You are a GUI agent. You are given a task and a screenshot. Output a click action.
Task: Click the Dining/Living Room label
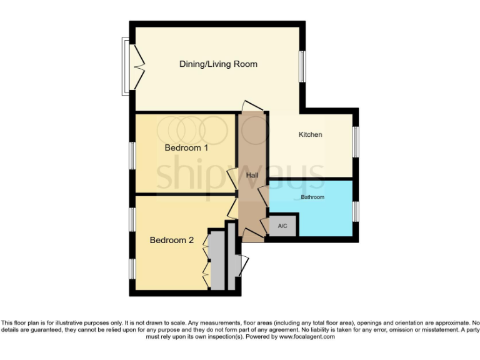coord(218,64)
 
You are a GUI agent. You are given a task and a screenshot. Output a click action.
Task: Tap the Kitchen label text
coord(310,134)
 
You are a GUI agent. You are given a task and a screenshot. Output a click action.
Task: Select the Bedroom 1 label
coord(186,148)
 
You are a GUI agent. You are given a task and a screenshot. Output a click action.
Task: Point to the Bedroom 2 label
coord(171,240)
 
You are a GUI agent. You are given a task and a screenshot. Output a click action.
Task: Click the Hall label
coord(252,176)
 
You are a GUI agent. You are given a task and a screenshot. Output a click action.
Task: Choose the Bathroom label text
coord(312,197)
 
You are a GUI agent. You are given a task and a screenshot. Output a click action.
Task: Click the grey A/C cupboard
coord(282,226)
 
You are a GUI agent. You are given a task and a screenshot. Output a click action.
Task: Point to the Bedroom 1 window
coord(132,155)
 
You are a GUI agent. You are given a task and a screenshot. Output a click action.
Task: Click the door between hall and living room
coord(252,106)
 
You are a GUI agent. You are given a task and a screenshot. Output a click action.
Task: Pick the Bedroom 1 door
coord(232,179)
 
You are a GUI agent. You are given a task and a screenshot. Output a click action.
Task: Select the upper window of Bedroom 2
coord(132,218)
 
